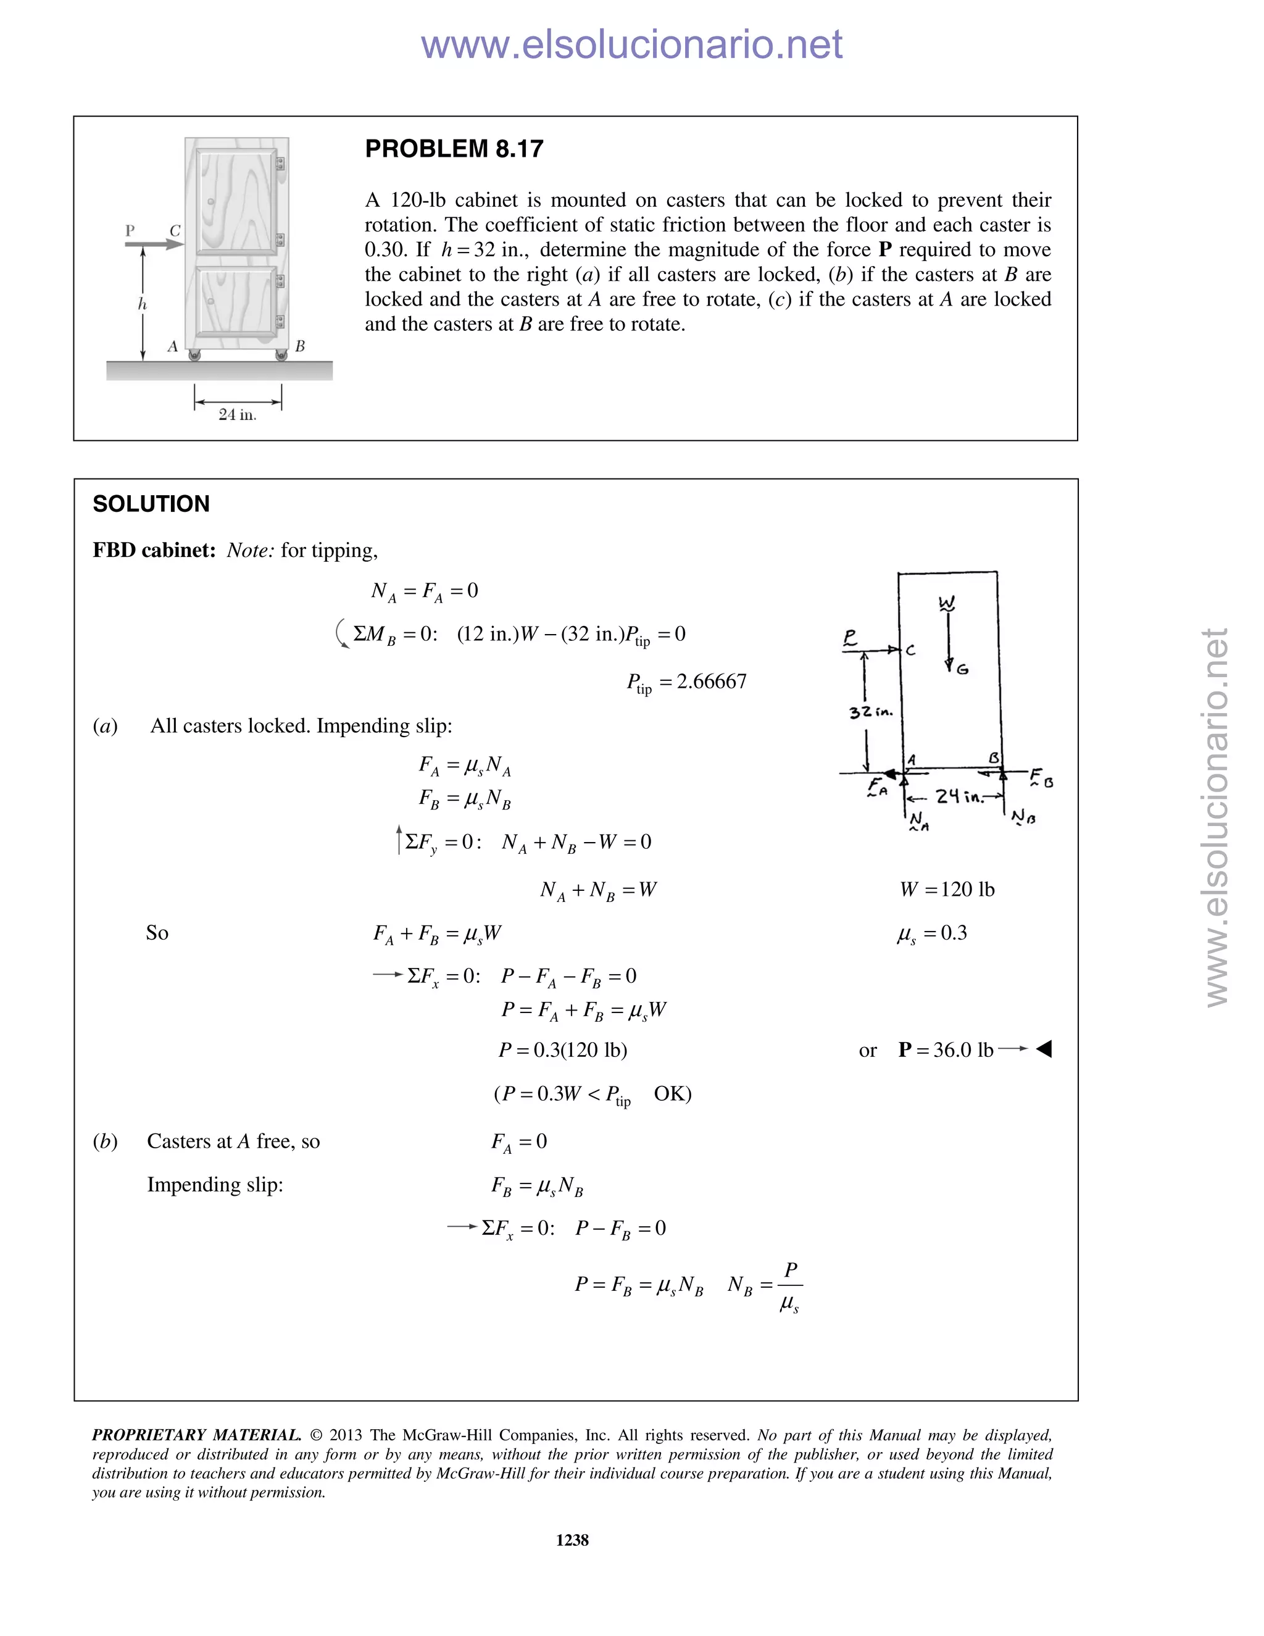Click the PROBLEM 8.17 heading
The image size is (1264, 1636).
coord(454,149)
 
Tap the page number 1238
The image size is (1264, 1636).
coord(572,1540)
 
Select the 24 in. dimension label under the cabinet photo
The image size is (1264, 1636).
coord(238,414)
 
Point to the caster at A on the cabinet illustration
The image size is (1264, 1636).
coord(194,355)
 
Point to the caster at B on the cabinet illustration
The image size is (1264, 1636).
coord(281,355)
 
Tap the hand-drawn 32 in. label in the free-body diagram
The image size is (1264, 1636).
coord(871,712)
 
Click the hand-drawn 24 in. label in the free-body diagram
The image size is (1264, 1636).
coord(959,796)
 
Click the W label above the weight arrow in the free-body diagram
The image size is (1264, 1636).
coord(947,603)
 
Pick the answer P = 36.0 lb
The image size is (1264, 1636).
coord(946,1050)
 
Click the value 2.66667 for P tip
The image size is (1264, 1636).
coord(712,682)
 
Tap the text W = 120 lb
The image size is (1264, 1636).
coord(947,889)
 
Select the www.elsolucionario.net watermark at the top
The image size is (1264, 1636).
coord(631,44)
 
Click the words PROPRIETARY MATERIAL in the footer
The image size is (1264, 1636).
coord(196,1435)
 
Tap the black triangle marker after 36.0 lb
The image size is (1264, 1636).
coord(1044,1050)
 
